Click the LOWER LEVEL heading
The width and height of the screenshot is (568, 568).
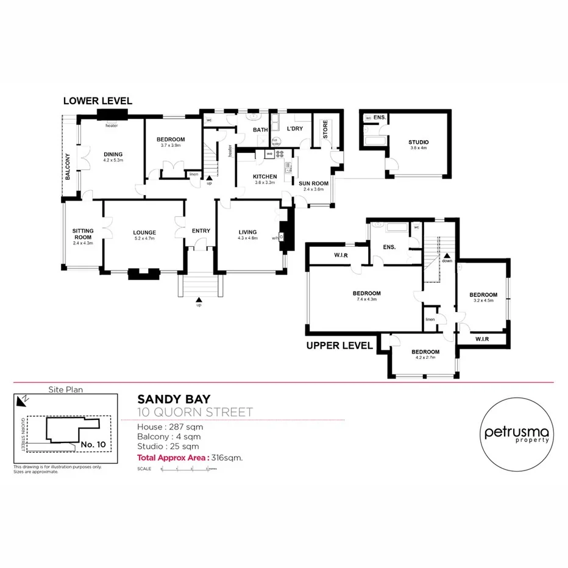pos(98,101)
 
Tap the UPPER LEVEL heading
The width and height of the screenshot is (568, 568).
pos(339,345)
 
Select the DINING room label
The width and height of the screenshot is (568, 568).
pos(113,154)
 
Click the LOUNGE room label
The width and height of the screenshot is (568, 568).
pos(144,232)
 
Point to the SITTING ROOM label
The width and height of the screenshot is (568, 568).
pos(83,234)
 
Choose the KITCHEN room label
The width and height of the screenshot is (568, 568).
pos(265,177)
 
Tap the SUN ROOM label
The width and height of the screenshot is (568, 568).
pos(313,183)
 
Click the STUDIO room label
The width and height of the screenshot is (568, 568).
pos(418,142)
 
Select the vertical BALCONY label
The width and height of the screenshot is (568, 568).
pos(68,166)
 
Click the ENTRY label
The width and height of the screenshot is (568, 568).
pos(201,230)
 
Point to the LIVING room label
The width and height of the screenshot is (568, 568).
pos(247,232)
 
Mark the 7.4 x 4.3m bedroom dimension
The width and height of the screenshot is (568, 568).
pos(366,299)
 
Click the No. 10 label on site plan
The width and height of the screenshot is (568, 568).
pos(93,445)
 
